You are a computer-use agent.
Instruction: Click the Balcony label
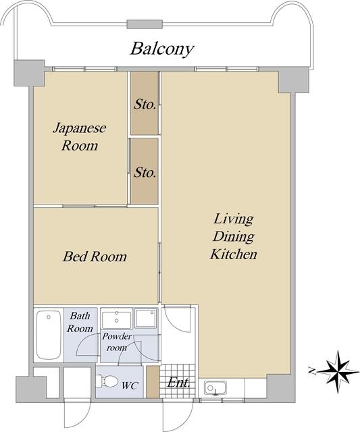click(162, 49)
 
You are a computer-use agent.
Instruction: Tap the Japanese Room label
click(80, 137)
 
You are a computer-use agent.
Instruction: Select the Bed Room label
click(95, 256)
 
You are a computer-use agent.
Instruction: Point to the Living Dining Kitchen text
click(234, 236)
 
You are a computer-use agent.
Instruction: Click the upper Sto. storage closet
click(144, 103)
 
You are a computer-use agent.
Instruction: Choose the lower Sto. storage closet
click(144, 171)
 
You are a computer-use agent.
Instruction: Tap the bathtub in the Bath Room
click(49, 335)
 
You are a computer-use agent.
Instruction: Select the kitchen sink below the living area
click(215, 388)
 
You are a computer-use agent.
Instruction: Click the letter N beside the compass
click(312, 371)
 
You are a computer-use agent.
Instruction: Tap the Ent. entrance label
click(178, 383)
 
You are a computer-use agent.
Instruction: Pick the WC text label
click(130, 385)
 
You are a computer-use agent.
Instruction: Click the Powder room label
click(117, 342)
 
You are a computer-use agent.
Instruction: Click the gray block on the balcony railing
click(145, 24)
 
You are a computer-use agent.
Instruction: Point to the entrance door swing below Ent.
click(178, 416)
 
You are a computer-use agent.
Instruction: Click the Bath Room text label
click(80, 322)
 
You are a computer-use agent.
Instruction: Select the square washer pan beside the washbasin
click(146, 319)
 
